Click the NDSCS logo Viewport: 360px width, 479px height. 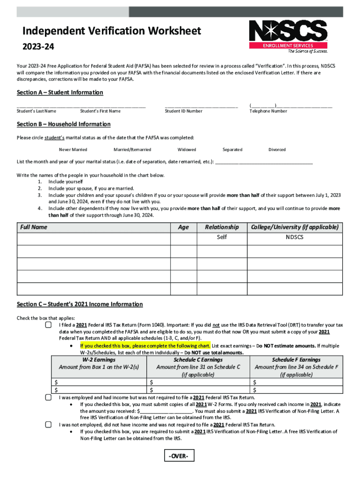(288, 36)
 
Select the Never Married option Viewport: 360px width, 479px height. (73, 150)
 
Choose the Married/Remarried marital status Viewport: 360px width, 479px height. (132, 150)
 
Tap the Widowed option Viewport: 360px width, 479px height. (187, 150)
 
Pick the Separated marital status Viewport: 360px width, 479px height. (232, 150)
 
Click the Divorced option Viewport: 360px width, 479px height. (277, 150)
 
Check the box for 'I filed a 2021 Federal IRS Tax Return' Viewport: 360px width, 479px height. (48, 325)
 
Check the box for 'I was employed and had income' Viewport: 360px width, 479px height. (48, 397)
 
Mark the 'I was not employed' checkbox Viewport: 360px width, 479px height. (48, 425)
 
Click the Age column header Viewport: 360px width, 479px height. (184, 227)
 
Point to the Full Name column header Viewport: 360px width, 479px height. (33, 227)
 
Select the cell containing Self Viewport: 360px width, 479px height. (222, 237)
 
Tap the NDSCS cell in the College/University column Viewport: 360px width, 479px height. (295, 237)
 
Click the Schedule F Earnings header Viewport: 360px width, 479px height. (296, 360)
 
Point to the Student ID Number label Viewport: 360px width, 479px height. (184, 111)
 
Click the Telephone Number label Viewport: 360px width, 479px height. (268, 111)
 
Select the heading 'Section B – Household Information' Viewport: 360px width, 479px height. (64, 124)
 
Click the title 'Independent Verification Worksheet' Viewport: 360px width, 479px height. (112, 31)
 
